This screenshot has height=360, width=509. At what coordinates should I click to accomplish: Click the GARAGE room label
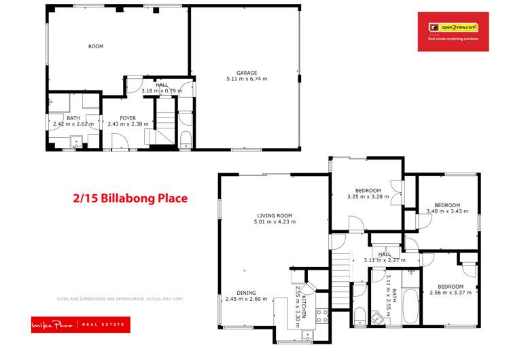[x=247, y=72]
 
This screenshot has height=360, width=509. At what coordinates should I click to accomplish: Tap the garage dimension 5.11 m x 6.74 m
[x=247, y=79]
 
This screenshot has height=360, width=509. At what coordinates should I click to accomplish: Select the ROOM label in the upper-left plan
[x=96, y=47]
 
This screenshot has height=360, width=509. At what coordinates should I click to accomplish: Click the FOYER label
[x=128, y=118]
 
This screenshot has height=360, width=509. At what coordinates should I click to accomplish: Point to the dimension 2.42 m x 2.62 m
[x=73, y=124]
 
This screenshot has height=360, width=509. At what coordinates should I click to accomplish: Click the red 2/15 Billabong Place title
[x=130, y=199]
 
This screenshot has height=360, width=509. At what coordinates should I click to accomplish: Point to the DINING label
[x=246, y=293]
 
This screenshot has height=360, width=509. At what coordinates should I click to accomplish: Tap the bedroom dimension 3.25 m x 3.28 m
[x=368, y=197]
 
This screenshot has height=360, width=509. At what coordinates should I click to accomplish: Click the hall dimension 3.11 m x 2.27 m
[x=385, y=260]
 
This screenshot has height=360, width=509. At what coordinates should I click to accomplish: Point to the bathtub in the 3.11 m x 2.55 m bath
[x=410, y=305]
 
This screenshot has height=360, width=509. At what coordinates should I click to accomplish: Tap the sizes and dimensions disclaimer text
[x=120, y=299]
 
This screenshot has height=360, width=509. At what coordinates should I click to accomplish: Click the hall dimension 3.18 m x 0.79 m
[x=162, y=90]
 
